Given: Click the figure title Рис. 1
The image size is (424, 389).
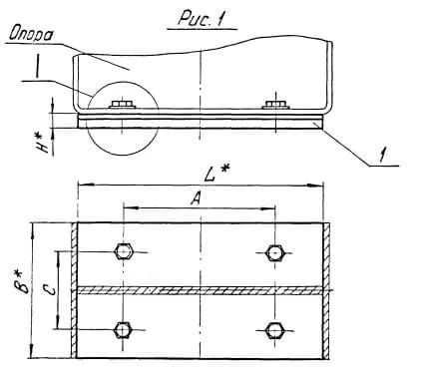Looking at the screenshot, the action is [202, 18].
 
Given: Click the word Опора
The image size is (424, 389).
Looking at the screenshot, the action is [31, 34].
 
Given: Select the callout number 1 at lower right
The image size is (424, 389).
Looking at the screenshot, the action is [384, 155].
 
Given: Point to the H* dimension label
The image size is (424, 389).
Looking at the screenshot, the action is [44, 143].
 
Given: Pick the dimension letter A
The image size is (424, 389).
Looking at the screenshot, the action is [197, 198].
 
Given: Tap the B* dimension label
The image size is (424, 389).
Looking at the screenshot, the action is [24, 281].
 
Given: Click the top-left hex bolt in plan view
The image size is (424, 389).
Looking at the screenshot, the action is [124, 252].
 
